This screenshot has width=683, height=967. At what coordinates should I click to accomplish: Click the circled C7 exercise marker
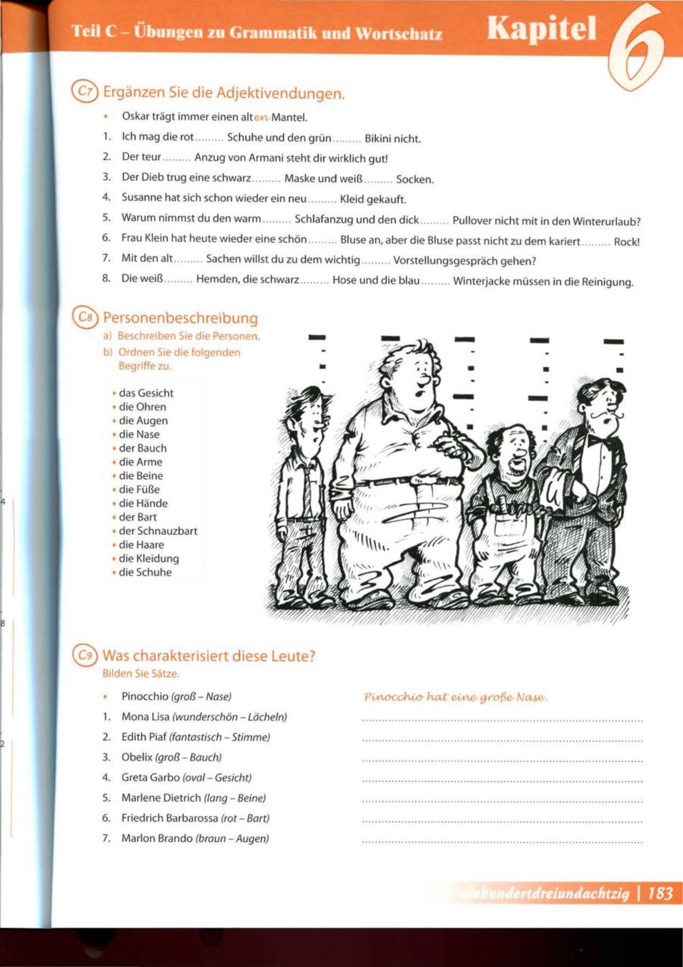tap(84, 92)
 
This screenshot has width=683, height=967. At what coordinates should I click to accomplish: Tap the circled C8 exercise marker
tap(85, 318)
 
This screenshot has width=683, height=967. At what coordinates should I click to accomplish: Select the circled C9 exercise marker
tap(84, 656)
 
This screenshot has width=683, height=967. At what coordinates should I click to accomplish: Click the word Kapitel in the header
tap(541, 29)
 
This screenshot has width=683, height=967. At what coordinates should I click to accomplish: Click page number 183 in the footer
tap(660, 893)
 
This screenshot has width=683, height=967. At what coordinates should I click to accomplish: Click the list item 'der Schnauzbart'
tap(158, 531)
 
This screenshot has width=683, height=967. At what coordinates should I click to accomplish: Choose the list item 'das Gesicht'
tap(146, 393)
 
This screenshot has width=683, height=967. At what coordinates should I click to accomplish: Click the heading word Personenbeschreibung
tap(180, 318)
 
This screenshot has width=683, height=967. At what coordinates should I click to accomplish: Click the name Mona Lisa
tap(145, 717)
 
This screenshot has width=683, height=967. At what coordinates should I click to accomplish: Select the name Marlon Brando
tap(157, 839)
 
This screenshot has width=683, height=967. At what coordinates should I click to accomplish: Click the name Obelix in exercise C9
tap(137, 758)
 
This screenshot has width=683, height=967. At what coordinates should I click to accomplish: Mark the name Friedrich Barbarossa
tap(169, 818)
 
